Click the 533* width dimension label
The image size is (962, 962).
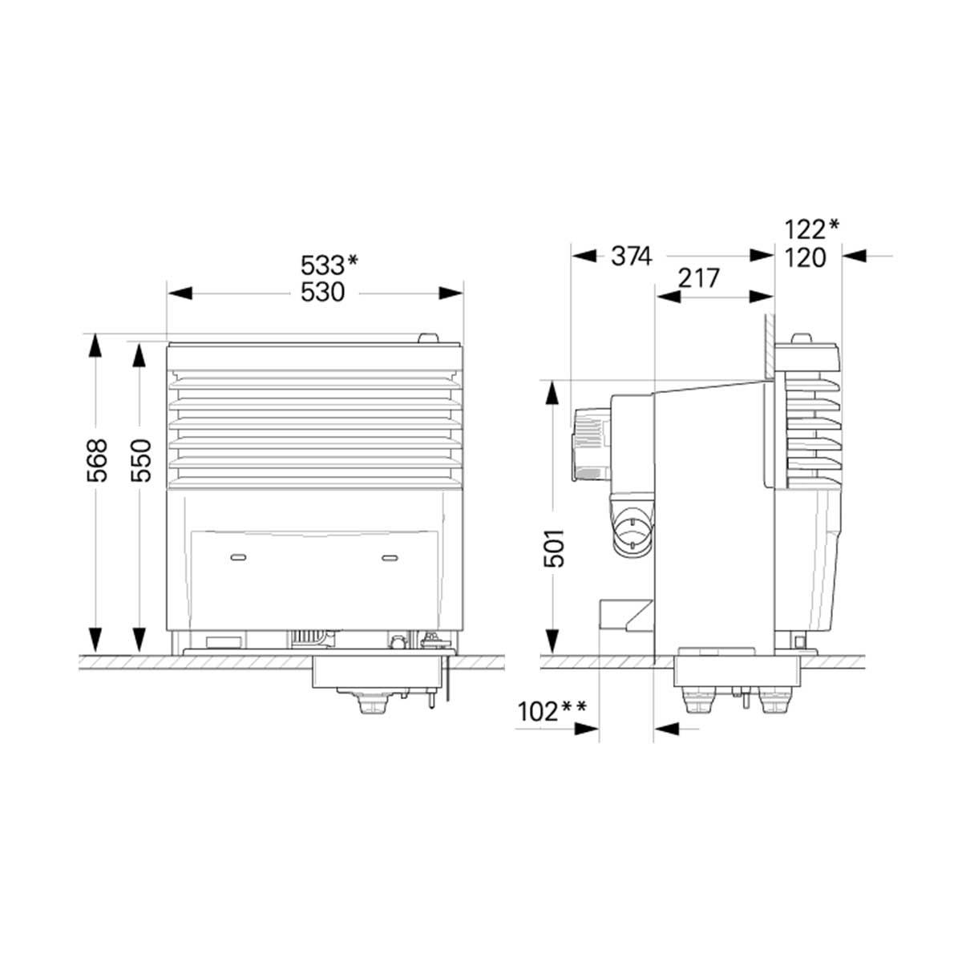pos(329,265)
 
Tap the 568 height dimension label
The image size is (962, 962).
pos(96,460)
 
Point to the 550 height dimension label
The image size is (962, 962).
pos(140,460)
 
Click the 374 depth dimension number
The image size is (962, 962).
pos(632,257)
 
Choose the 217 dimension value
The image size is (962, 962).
pos(699,278)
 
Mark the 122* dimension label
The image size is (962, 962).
pos(812,229)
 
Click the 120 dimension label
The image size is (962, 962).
pos(805,257)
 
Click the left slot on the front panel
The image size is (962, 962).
pos(238,556)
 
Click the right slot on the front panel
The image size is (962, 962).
pos(390,556)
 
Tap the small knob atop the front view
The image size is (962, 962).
pos(428,338)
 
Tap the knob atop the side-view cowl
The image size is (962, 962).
pos(802,338)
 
